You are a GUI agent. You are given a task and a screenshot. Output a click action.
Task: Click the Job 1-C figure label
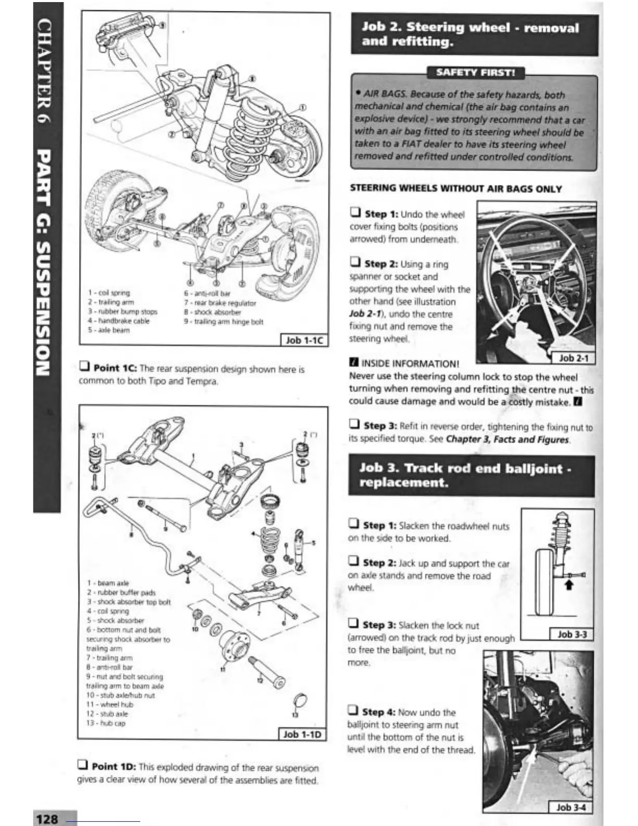pyautogui.click(x=304, y=341)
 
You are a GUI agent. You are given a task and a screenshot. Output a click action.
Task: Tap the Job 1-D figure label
pyautogui.click(x=302, y=734)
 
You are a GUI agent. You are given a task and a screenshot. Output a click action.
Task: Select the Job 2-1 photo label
pyautogui.click(x=573, y=358)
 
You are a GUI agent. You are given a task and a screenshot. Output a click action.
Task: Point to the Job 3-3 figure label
pyautogui.click(x=572, y=634)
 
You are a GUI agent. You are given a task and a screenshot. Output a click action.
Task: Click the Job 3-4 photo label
pyautogui.click(x=571, y=807)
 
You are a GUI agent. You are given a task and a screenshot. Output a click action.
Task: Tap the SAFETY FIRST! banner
pyautogui.click(x=475, y=72)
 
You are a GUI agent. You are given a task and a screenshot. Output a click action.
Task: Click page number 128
pyautogui.click(x=47, y=819)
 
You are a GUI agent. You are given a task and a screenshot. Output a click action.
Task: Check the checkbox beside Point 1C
pyautogui.click(x=84, y=367)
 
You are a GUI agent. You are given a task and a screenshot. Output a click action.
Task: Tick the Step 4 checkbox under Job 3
pyautogui.click(x=353, y=711)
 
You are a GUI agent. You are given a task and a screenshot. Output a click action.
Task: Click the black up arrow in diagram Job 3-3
pyautogui.click(x=569, y=585)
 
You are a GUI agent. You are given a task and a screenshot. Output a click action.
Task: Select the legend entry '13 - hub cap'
pyautogui.click(x=106, y=723)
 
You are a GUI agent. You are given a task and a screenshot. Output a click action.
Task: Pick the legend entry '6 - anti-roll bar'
pyautogui.click(x=207, y=294)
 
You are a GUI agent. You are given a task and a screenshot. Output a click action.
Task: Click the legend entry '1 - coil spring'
pyautogui.click(x=109, y=293)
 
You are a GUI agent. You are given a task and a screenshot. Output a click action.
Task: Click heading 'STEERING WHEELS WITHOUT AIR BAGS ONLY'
pyautogui.click(x=456, y=189)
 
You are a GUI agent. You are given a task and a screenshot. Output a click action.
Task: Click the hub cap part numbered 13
pyautogui.click(x=301, y=700)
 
